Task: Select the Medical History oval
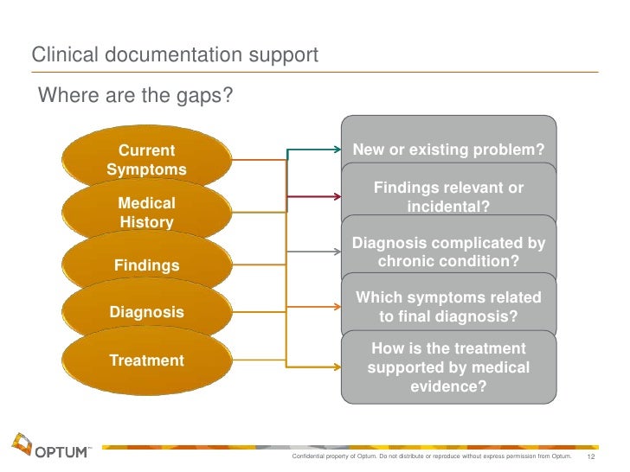(x=146, y=213)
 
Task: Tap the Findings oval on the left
(x=146, y=265)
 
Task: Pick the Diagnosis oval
(x=146, y=311)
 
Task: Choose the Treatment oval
(x=146, y=360)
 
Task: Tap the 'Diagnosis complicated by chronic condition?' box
(x=448, y=251)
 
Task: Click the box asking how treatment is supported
(x=448, y=367)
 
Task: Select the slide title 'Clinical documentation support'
(x=175, y=55)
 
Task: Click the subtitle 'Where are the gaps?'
(x=134, y=94)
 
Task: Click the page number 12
(x=593, y=456)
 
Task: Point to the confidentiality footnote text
(x=433, y=456)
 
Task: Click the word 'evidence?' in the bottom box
(x=448, y=387)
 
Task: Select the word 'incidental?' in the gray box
(x=448, y=207)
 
